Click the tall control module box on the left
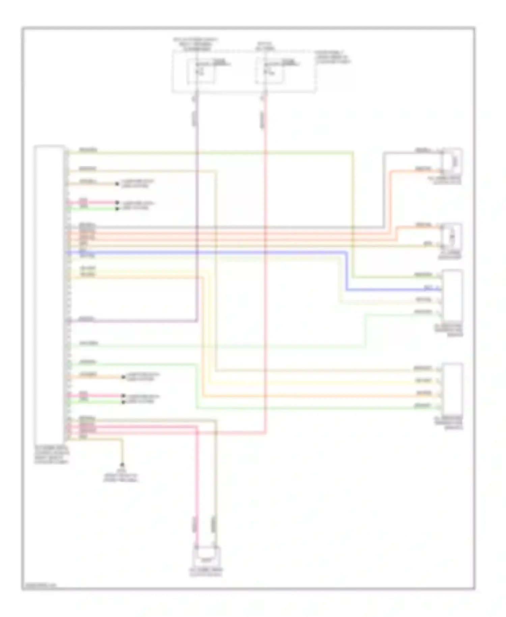point(49,294)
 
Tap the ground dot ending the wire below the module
point(122,465)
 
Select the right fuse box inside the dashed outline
point(270,71)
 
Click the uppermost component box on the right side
point(452,161)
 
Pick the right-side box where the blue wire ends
point(453,295)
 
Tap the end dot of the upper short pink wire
point(117,203)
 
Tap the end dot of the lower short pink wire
point(123,396)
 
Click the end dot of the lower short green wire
point(123,402)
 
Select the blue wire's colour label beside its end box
point(428,287)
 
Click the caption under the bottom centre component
point(206,572)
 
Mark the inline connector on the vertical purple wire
point(195,118)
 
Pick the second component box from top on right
point(452,237)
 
